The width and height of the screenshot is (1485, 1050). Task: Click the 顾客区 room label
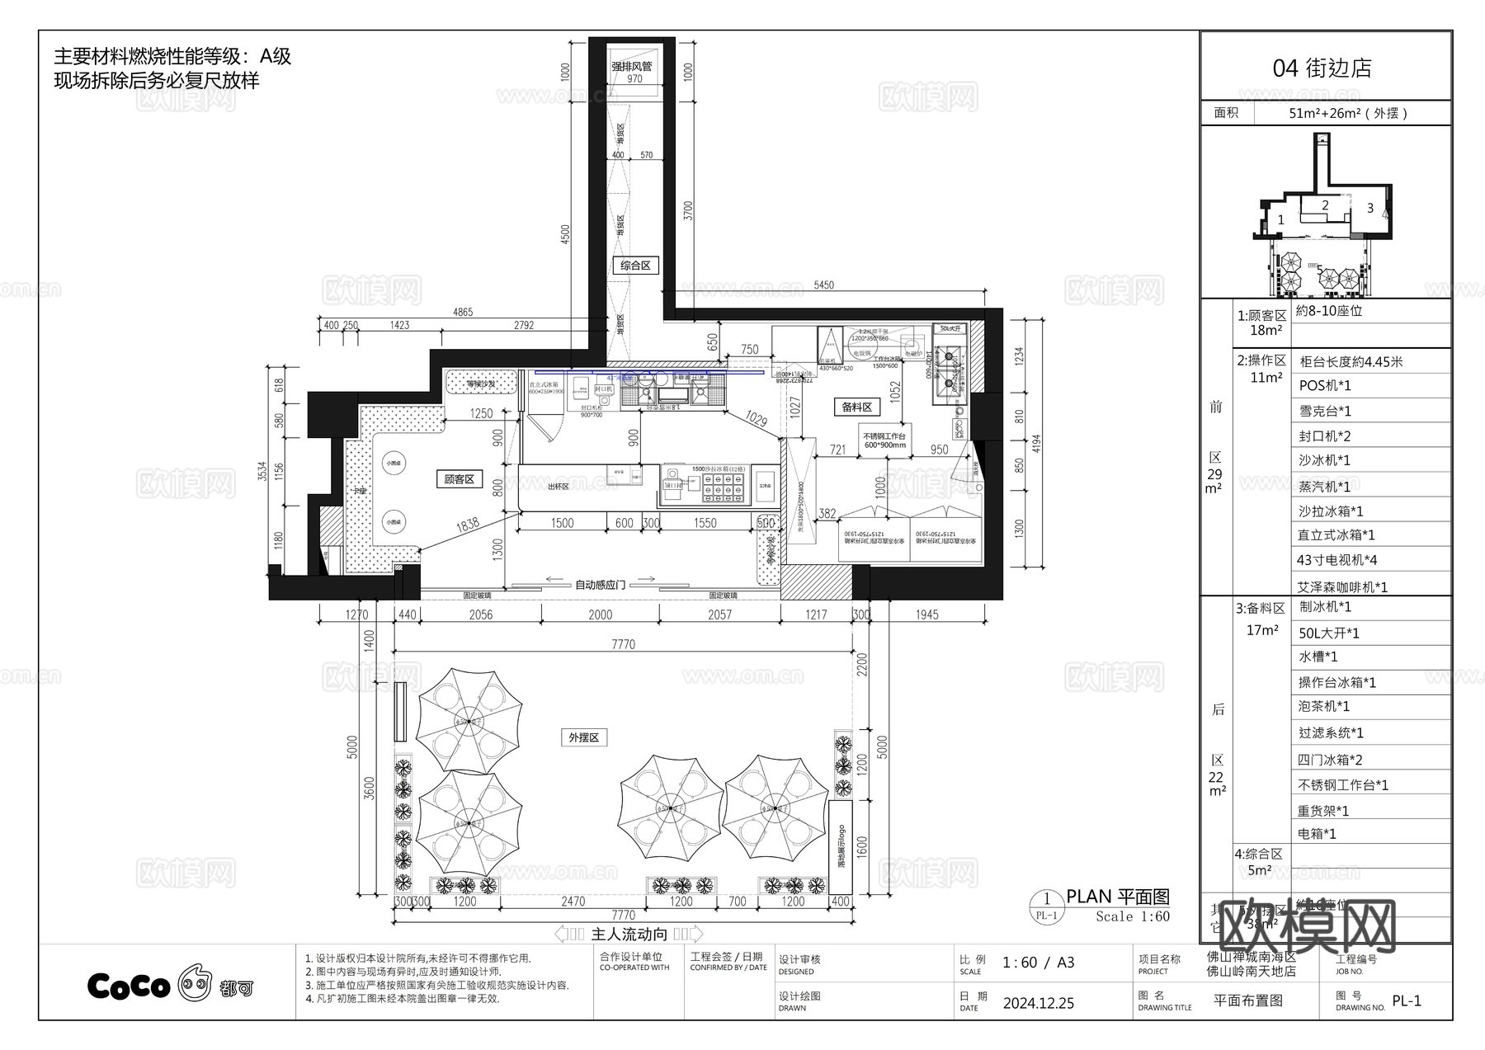[x=459, y=479]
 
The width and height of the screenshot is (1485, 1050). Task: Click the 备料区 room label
[x=856, y=407]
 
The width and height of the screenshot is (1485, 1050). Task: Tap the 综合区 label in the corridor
[x=635, y=266]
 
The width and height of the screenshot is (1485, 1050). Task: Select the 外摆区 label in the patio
[x=583, y=737]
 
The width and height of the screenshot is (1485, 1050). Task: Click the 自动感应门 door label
[x=600, y=585]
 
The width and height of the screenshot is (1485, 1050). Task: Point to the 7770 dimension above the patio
[x=623, y=644]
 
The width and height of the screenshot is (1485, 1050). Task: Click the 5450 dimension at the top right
[x=823, y=285]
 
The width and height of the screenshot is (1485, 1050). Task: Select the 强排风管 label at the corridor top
[x=632, y=66]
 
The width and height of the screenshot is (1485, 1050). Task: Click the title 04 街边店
[x=1322, y=68]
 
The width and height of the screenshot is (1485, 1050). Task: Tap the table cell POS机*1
[x=1325, y=386]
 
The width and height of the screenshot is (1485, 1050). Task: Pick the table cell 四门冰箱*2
[x=1330, y=760]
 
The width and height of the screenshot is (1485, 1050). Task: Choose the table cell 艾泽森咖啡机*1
[x=1342, y=587]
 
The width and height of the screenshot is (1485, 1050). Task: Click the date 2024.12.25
[x=1038, y=1003]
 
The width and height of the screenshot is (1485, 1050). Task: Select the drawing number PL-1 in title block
[x=1407, y=1001]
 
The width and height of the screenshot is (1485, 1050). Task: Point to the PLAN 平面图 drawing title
[x=1118, y=897]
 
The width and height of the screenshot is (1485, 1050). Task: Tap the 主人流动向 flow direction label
[x=629, y=934]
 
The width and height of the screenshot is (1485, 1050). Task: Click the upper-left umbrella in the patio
[x=469, y=721]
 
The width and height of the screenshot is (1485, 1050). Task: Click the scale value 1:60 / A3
[x=1038, y=963]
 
